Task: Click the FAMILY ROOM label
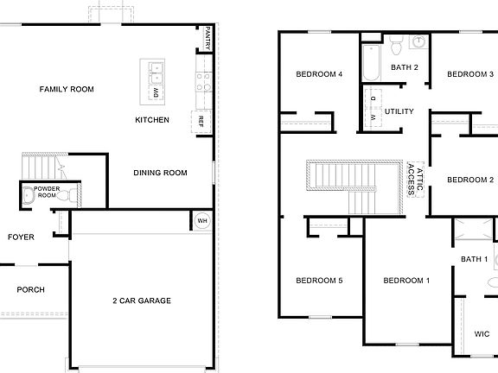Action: coord(67,89)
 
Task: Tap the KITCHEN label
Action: coord(152,120)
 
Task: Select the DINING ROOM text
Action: coord(160,173)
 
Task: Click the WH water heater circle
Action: coord(202,220)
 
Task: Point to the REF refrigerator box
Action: coord(201,120)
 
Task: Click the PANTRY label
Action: coord(208,38)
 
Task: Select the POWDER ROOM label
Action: coord(46,193)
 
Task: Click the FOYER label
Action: coord(22,237)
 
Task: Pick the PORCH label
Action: coord(31,290)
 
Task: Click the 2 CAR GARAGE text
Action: coord(141,300)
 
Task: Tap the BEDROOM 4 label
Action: coord(320,74)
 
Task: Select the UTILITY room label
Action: coord(399,111)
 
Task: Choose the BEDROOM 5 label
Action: coord(320,280)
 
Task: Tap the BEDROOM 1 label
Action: coord(406,280)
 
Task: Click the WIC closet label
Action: coord(482,334)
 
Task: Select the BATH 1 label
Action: coord(474,259)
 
